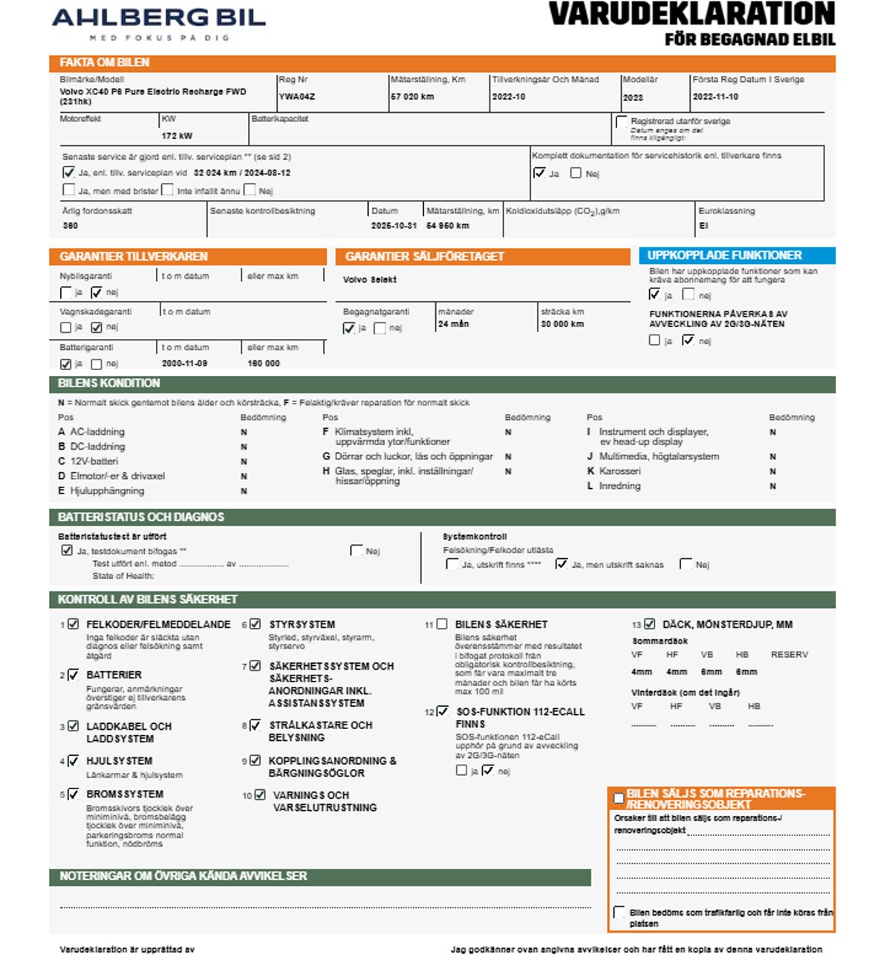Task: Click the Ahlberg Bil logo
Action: coord(158,22)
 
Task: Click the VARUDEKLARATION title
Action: coord(691,15)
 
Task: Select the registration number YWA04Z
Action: coord(297,97)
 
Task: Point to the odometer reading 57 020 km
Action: coord(412,97)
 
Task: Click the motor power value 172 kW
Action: coord(177,136)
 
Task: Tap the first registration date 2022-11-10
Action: coord(715,97)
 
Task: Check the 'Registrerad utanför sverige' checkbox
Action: coord(622,122)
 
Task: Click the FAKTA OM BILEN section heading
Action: coord(105,62)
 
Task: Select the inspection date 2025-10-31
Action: coord(394,225)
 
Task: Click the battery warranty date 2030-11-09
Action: coord(184,363)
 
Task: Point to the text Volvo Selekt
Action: coord(369,280)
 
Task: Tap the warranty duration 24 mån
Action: coord(453,324)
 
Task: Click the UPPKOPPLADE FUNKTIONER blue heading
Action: coord(725,255)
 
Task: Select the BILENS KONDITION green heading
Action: coord(109,383)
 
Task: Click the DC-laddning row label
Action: coord(97,447)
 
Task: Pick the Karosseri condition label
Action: coord(619,471)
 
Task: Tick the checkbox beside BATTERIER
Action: coord(73,675)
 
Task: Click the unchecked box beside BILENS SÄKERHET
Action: coord(442,624)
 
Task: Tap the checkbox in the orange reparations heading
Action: coord(618,798)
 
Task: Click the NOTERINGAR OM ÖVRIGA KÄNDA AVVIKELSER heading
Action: coord(183,876)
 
